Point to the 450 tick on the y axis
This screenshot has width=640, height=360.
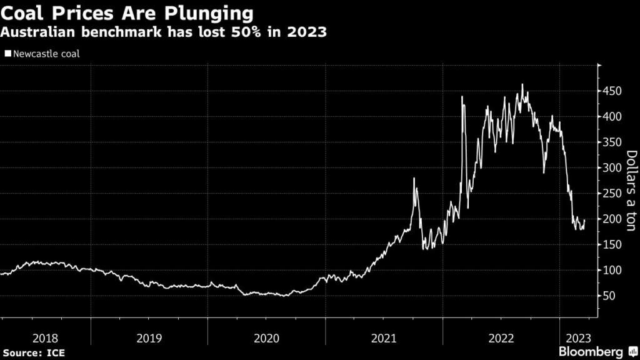pyautogui.click(x=612, y=91)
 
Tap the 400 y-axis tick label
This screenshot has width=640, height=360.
pyautogui.click(x=612, y=117)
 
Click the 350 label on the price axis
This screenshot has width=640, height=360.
pyautogui.click(x=612, y=142)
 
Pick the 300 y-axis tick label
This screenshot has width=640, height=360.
pyautogui.click(x=612, y=168)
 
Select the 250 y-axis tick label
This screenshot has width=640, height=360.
pyautogui.click(x=612, y=194)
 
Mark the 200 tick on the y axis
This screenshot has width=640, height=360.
pyautogui.click(x=612, y=219)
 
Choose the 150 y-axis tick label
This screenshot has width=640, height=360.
pyautogui.click(x=612, y=245)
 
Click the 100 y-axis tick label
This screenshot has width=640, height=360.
pyautogui.click(x=612, y=271)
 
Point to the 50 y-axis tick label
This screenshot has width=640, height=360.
pyautogui.click(x=609, y=296)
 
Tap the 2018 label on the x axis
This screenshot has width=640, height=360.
pyautogui.click(x=45, y=338)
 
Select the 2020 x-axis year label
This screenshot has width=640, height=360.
pyautogui.click(x=267, y=338)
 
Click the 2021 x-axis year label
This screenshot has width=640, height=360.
pyautogui.click(x=384, y=338)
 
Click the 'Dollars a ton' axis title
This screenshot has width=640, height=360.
pyautogui.click(x=631, y=191)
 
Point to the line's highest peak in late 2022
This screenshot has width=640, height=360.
pyautogui.click(x=522, y=85)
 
